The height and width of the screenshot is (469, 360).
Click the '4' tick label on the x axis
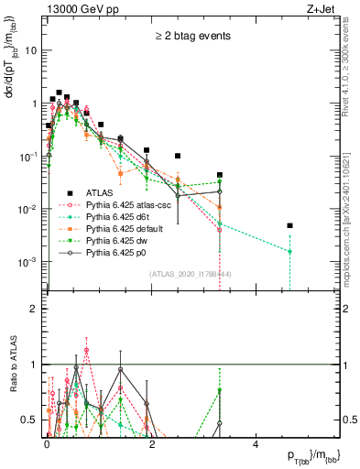[256, 443]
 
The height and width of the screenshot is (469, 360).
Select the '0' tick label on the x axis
[47, 443]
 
